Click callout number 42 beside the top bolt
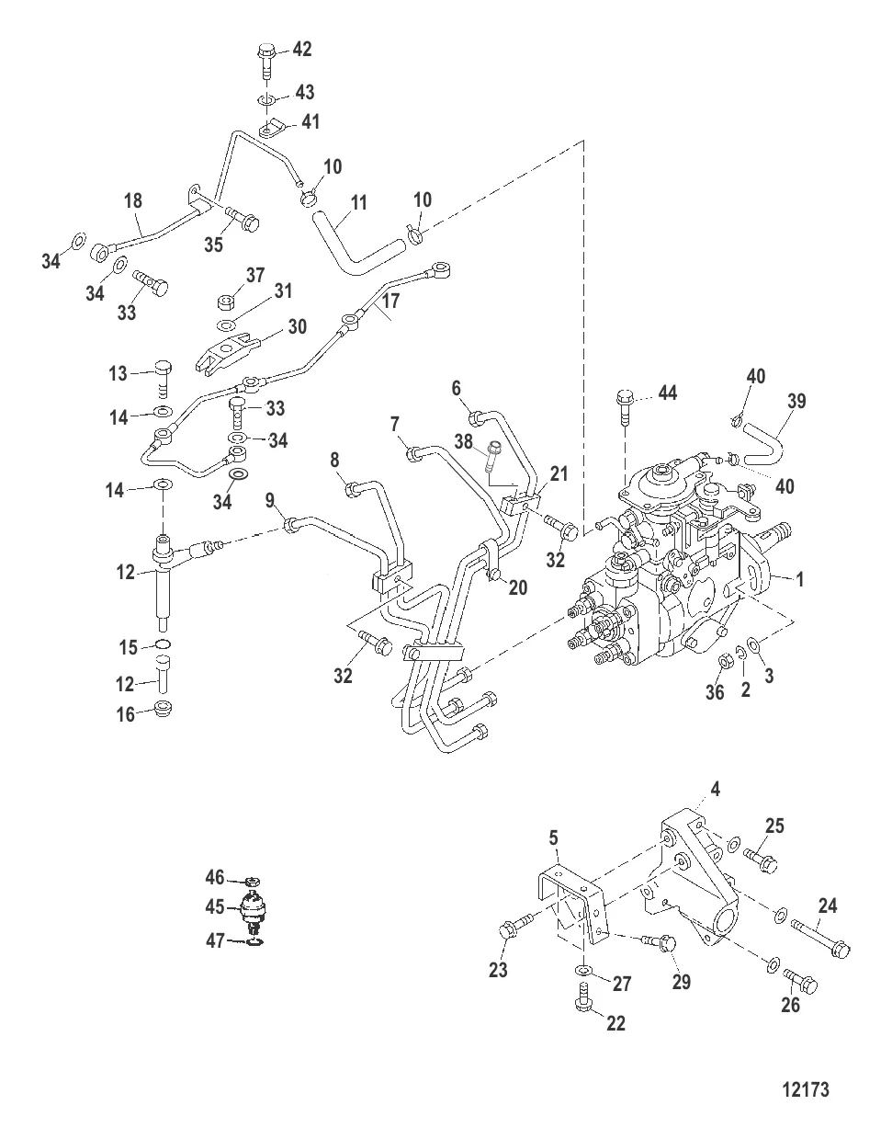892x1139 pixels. [302, 50]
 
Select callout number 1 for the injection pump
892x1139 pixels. [799, 579]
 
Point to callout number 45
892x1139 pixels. [215, 906]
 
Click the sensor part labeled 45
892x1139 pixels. [254, 912]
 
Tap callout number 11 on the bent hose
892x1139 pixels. [358, 202]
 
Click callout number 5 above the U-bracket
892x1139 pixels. [554, 837]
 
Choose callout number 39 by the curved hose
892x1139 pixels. [796, 402]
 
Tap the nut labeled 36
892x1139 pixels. [726, 663]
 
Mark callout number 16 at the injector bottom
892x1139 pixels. [125, 714]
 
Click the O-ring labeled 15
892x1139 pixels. [163, 644]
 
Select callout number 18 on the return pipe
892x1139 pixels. [133, 200]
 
